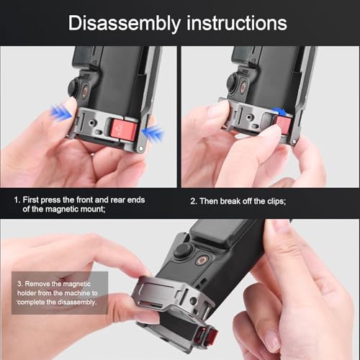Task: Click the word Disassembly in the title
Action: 125,24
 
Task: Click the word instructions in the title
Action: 237,23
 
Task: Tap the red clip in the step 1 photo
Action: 124,130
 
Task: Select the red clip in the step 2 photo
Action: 284,124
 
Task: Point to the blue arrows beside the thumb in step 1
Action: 61,113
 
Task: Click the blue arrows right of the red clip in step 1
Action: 153,134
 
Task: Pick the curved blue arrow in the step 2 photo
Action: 279,111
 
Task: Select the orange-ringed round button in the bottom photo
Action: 202,260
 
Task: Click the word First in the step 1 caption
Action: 31,199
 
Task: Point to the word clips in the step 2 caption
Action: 276,201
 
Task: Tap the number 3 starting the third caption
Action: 19,284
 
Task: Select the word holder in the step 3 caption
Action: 27,293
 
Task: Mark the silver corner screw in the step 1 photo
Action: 141,149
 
